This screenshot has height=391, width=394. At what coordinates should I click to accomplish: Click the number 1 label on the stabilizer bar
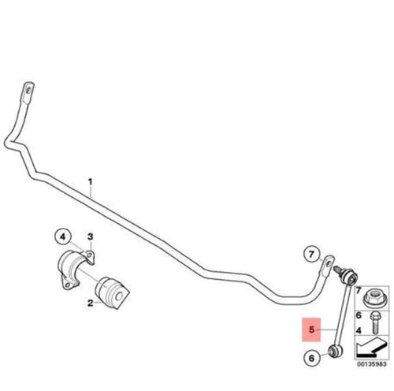(90, 182)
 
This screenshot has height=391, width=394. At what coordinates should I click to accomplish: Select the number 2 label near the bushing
(90, 303)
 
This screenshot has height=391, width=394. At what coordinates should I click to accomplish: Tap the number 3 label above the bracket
(90, 236)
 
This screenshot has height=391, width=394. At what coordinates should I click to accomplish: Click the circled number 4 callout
(63, 237)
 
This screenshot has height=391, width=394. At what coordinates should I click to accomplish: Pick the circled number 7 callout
(311, 254)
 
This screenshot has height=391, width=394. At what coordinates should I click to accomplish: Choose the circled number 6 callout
(311, 358)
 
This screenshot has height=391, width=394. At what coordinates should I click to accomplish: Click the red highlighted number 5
(311, 330)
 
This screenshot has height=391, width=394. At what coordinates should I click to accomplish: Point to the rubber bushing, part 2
(112, 292)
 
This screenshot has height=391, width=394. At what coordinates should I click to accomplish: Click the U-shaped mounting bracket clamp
(76, 270)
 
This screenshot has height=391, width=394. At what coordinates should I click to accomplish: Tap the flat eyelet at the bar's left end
(28, 91)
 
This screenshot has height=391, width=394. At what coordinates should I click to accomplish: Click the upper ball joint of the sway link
(351, 277)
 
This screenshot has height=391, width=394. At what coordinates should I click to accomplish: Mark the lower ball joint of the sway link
(335, 352)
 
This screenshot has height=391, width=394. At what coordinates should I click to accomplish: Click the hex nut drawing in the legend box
(373, 299)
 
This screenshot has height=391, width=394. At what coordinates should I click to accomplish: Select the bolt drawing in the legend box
(374, 322)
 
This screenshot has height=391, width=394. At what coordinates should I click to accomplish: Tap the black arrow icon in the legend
(371, 348)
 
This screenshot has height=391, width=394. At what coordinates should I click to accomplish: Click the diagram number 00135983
(371, 364)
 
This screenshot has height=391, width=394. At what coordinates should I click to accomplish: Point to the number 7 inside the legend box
(359, 290)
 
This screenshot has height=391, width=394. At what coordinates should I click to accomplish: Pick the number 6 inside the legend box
(359, 315)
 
